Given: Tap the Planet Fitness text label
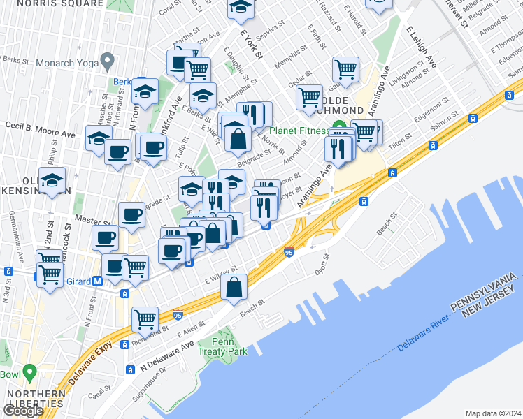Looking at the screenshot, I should point(300,131).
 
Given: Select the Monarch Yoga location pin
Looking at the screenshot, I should point(107,61).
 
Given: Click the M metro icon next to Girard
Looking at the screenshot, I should point(98,281).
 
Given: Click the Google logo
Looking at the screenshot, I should point(23,411).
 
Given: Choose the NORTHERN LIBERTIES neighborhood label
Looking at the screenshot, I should point(36,399).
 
